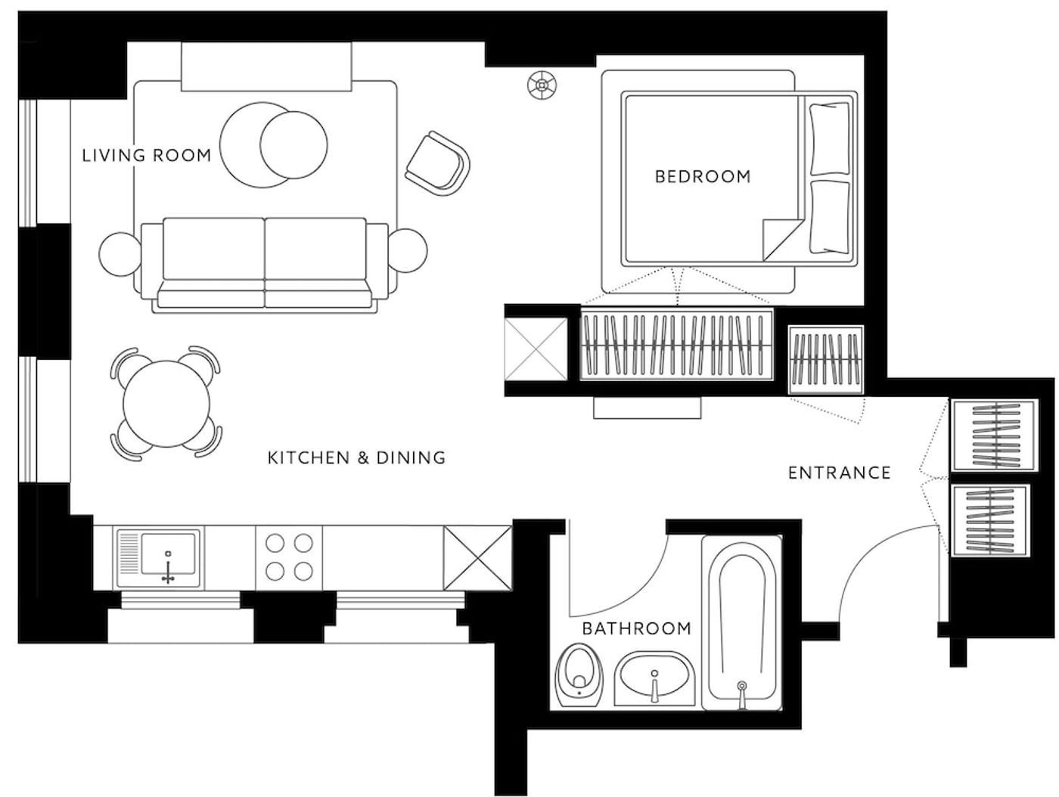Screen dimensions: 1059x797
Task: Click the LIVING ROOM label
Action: click(x=147, y=155)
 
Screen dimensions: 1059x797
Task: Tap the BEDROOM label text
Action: click(x=703, y=176)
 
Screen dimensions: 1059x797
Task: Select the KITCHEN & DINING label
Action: click(x=356, y=457)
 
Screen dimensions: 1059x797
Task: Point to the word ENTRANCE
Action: click(x=839, y=473)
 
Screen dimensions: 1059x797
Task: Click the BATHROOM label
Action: click(x=637, y=628)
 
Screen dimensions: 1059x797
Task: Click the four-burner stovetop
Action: click(x=289, y=557)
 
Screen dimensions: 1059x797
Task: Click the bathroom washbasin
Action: click(x=654, y=678)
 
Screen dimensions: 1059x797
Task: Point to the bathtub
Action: click(x=741, y=622)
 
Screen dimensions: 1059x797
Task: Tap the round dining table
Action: click(x=166, y=404)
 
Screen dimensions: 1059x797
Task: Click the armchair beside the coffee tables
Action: click(x=437, y=163)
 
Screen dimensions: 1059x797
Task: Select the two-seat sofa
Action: click(x=265, y=265)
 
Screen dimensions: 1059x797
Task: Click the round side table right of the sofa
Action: click(x=408, y=251)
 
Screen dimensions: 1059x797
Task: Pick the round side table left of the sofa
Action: click(x=120, y=254)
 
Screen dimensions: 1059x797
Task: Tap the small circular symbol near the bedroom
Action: click(x=542, y=85)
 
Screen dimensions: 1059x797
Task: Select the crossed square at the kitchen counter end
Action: click(x=477, y=558)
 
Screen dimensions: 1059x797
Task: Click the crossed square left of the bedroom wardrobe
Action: click(x=536, y=349)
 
